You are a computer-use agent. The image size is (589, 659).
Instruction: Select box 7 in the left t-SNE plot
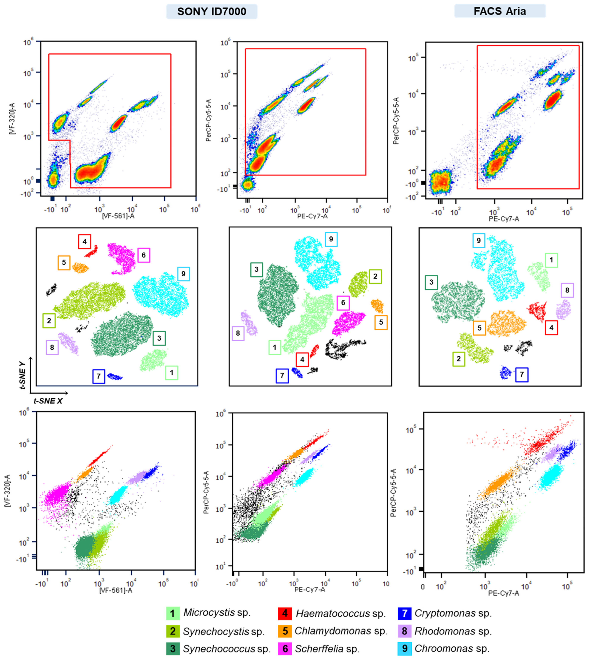pos(98,376)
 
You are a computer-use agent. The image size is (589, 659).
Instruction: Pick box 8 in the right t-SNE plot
pos(567,290)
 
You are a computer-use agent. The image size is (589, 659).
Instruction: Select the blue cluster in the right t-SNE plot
pos(505,373)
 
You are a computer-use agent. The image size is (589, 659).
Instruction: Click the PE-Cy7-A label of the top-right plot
pos(504,219)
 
